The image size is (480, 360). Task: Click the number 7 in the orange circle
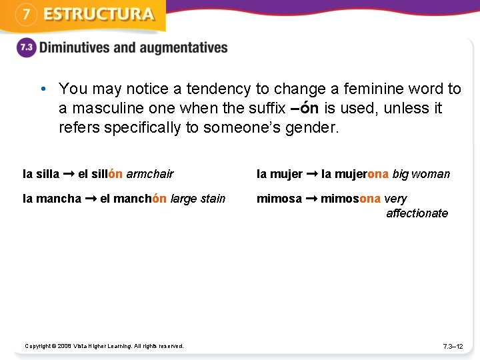point(25,15)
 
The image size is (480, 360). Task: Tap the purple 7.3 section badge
point(25,48)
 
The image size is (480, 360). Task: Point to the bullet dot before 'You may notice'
point(42,89)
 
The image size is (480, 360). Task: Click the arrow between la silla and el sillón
point(69,174)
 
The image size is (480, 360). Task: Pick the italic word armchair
point(149,174)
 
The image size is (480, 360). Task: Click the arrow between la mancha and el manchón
point(91,199)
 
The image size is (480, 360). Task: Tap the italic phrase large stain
point(198,199)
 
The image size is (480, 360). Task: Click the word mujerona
point(361,174)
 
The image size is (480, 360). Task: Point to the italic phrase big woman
point(421,174)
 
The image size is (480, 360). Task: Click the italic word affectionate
point(417,213)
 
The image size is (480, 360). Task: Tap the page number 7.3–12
point(453,346)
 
